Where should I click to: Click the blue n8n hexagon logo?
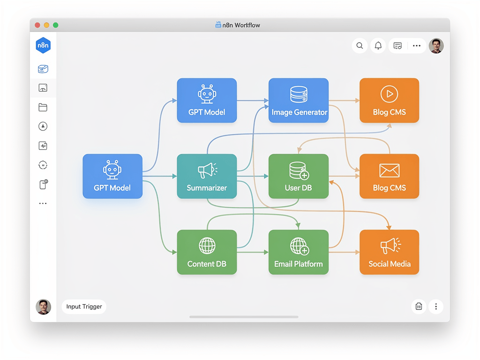point(43,45)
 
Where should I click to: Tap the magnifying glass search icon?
point(360,45)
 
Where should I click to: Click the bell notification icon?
point(378,45)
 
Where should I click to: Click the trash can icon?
point(419,307)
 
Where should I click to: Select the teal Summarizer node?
point(207,176)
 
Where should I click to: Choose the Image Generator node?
point(299,100)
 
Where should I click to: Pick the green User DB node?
point(299,176)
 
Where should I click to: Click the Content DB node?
point(207,252)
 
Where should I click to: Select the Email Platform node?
point(299,252)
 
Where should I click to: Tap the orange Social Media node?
point(389,252)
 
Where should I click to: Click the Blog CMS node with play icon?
point(389,100)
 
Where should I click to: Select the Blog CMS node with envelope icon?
point(389,176)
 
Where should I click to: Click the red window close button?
point(37,25)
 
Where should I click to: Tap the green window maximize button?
point(55,25)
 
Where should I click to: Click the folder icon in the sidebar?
point(43,107)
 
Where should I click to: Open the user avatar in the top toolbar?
point(436,45)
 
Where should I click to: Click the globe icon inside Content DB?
point(207,245)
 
